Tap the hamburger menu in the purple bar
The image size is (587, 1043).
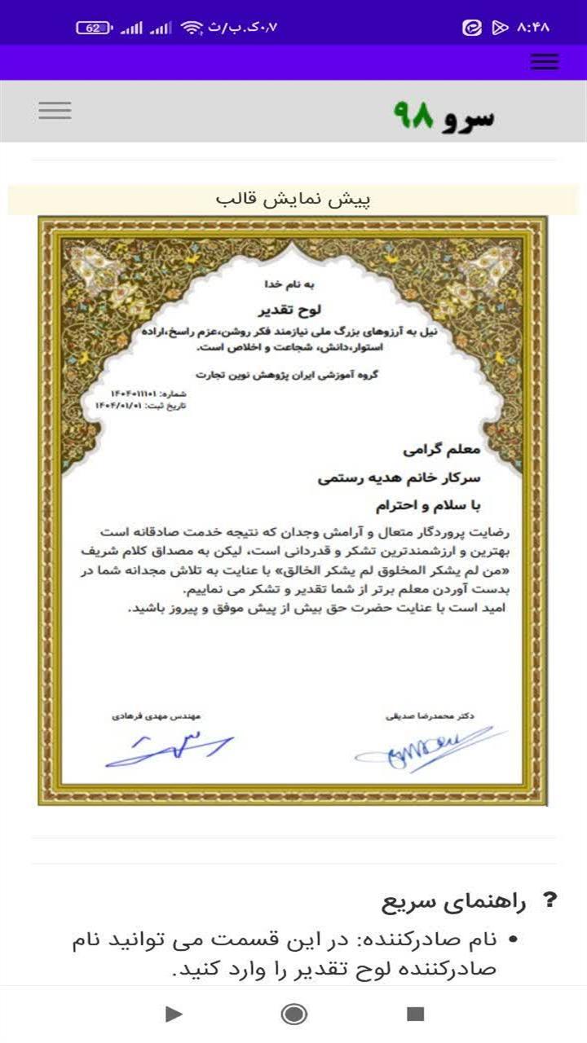(x=544, y=62)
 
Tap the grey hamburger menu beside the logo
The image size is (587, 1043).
(x=55, y=111)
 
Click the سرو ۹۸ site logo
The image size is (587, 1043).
(x=444, y=117)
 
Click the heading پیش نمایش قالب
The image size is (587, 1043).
(x=293, y=200)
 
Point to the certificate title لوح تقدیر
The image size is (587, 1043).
(x=291, y=310)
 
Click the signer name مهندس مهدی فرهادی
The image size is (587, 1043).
(x=157, y=716)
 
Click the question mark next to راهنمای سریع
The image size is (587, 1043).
(x=550, y=900)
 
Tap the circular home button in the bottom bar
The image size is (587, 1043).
(x=293, y=1014)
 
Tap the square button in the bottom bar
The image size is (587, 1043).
(x=416, y=1014)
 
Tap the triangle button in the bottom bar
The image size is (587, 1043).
(x=173, y=1014)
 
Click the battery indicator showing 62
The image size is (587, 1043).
(x=94, y=28)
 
